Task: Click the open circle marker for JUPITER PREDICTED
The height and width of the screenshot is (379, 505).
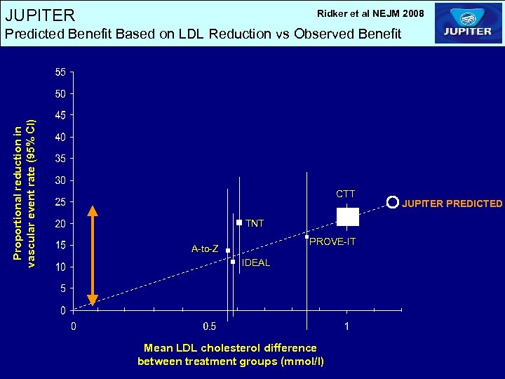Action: (x=392, y=203)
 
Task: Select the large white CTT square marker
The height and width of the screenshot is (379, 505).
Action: (x=348, y=217)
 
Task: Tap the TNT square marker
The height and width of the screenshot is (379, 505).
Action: (x=239, y=222)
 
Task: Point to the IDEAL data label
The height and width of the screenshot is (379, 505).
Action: (x=255, y=263)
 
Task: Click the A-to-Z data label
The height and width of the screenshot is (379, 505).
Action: (x=205, y=249)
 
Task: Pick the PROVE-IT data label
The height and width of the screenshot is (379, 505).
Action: (x=332, y=242)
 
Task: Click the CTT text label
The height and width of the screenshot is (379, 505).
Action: (x=345, y=194)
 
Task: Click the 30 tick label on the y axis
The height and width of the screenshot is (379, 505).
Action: (x=60, y=180)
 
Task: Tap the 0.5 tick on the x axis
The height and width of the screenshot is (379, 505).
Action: (x=209, y=326)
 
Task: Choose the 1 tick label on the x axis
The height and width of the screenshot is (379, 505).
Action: (x=346, y=326)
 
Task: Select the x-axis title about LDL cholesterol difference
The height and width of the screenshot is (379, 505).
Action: (x=230, y=354)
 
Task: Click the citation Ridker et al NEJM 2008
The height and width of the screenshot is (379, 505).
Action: (x=370, y=13)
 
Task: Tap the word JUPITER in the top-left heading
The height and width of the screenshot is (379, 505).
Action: (x=39, y=15)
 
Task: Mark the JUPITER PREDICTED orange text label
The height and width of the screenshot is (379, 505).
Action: (x=452, y=204)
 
